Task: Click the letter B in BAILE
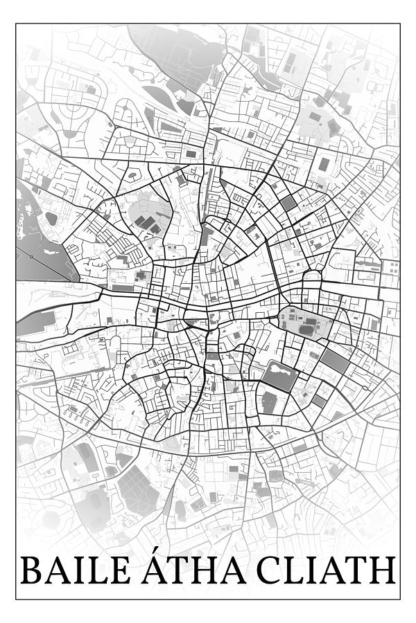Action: (31, 570)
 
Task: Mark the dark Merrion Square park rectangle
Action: (335, 360)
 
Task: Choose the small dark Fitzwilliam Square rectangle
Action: (318, 400)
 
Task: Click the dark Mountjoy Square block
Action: (288, 203)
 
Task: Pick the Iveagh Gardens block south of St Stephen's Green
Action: (269, 401)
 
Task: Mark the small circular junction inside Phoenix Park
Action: (31, 257)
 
